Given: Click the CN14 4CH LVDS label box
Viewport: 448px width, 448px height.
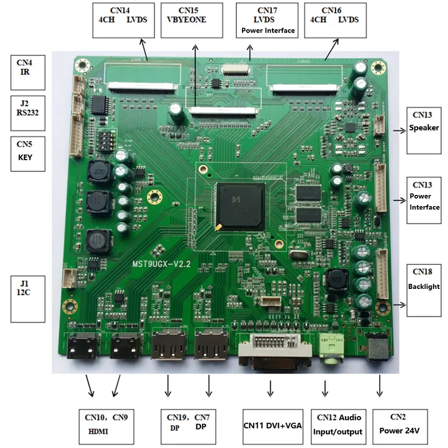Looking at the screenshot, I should click(118, 20).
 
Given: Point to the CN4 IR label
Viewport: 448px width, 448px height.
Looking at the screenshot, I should click(28, 72).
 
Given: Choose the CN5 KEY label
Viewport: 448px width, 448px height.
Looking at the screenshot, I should click(29, 151).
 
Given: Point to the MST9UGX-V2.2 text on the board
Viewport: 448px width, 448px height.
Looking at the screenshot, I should click(162, 263).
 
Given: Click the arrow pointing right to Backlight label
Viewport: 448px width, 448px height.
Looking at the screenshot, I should click(400, 305).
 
